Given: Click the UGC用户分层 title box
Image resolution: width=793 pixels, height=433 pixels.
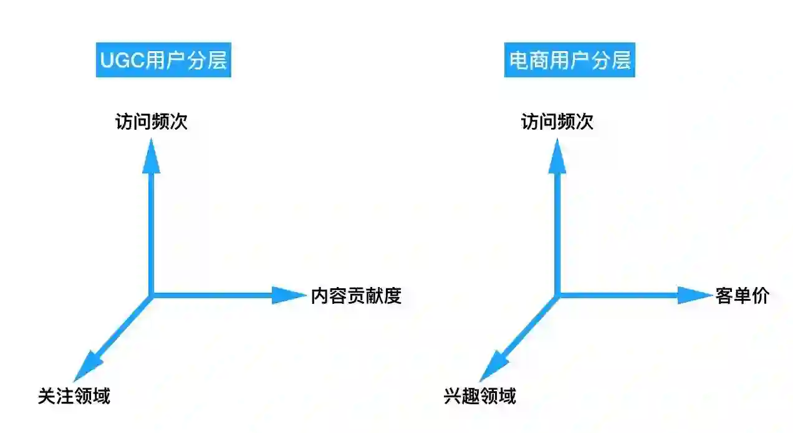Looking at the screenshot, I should [x=163, y=61].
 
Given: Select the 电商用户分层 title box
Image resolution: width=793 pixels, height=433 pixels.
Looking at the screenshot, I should [x=569, y=61].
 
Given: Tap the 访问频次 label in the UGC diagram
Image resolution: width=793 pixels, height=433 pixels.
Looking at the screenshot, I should [x=151, y=122].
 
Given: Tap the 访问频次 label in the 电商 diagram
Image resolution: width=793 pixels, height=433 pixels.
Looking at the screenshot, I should [x=557, y=122].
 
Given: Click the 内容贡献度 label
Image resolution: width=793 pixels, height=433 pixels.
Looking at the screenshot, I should [x=356, y=296].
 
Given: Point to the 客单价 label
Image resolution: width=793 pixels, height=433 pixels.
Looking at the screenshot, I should [x=743, y=296].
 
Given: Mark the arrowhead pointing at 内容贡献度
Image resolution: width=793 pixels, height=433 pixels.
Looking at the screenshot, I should [x=287, y=295].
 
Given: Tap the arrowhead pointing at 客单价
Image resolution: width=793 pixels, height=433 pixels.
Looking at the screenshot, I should [x=693, y=295].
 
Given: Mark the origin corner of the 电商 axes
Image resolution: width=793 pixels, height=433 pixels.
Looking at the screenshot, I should [x=557, y=294].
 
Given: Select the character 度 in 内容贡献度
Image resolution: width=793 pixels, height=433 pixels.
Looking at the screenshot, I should [x=392, y=296].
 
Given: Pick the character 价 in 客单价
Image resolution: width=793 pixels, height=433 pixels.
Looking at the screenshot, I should [x=761, y=296].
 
